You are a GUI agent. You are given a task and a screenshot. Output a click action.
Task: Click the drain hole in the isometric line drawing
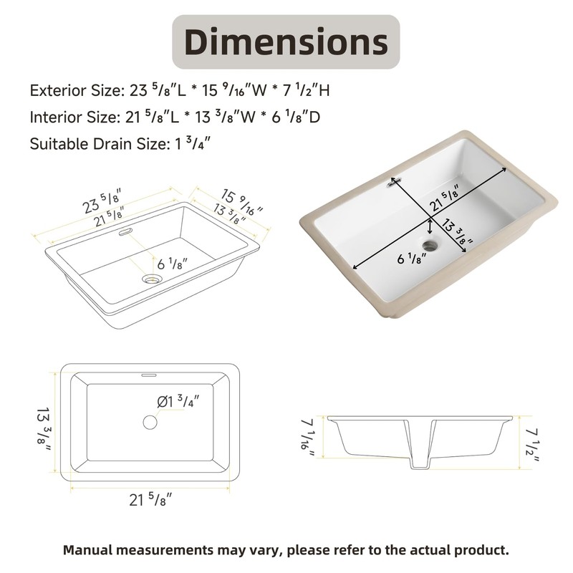coord(152,279)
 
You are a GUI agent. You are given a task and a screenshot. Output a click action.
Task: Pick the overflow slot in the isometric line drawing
coord(124,231)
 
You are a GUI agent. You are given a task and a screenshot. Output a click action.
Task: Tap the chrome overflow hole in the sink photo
coord(392,183)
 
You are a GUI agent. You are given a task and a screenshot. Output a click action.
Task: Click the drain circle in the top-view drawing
coord(150,421)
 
